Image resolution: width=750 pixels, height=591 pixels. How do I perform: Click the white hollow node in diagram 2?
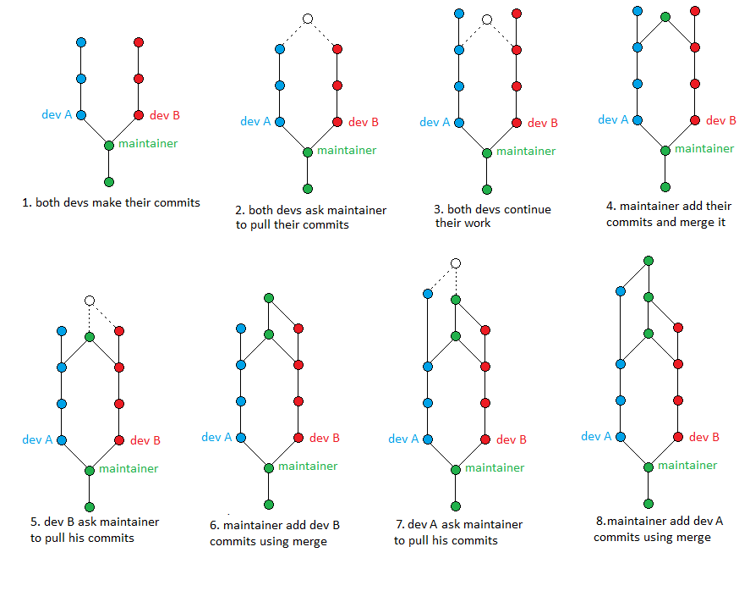coord(308,19)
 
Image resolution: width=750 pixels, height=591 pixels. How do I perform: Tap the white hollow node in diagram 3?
coord(487,19)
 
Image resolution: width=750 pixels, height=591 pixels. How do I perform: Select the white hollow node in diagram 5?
coord(90,300)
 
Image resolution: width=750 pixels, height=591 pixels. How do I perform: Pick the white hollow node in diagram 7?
coord(456,263)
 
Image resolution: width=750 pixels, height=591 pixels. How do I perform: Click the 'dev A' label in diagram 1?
coord(57,114)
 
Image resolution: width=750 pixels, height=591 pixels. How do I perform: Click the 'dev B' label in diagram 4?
coord(720,120)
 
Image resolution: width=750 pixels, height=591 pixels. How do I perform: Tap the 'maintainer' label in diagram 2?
coord(347,150)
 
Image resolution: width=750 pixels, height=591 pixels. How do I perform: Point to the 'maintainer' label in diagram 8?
coord(687,465)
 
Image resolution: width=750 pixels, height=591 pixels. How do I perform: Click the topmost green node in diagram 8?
coord(649,260)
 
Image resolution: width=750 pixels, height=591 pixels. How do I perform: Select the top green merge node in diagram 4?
coord(665,16)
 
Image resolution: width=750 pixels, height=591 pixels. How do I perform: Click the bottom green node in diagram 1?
coord(108,181)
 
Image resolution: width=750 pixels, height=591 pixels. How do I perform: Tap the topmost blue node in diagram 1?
coord(81,41)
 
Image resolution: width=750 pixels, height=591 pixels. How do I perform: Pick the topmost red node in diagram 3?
coord(517,14)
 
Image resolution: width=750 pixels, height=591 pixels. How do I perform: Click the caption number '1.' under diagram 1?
coord(28,203)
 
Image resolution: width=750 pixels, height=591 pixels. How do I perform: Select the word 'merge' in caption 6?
coord(309,541)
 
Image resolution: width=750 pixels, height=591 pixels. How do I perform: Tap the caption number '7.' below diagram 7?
coord(399,525)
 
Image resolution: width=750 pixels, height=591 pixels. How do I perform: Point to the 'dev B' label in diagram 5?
coord(145,440)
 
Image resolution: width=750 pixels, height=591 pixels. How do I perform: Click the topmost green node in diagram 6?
coord(269,297)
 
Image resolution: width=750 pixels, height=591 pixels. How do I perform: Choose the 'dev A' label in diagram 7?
coord(404,439)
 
